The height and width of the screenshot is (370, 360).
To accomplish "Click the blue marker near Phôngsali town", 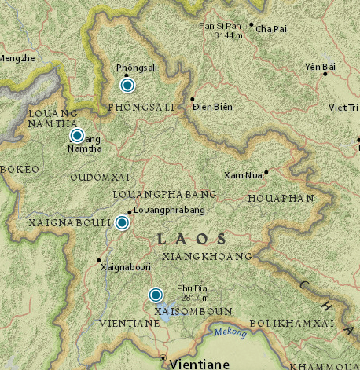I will (x=127, y=86).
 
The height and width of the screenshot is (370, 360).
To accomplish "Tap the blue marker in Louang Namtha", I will (x=77, y=136).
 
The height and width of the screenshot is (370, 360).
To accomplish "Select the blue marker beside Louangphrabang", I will (x=123, y=223).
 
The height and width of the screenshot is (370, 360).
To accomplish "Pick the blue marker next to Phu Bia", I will (x=156, y=295).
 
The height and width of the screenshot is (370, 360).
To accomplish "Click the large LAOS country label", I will (x=192, y=238).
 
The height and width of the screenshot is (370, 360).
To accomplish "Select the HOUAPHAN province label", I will (x=281, y=199).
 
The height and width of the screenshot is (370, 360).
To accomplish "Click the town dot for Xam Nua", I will (x=266, y=172).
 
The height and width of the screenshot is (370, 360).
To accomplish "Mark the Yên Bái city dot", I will (x=325, y=75).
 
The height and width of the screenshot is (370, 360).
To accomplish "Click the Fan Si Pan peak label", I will (x=219, y=30).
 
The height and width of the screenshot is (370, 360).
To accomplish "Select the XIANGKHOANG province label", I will (x=206, y=256).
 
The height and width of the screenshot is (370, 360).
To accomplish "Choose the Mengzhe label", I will (x=17, y=58).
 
